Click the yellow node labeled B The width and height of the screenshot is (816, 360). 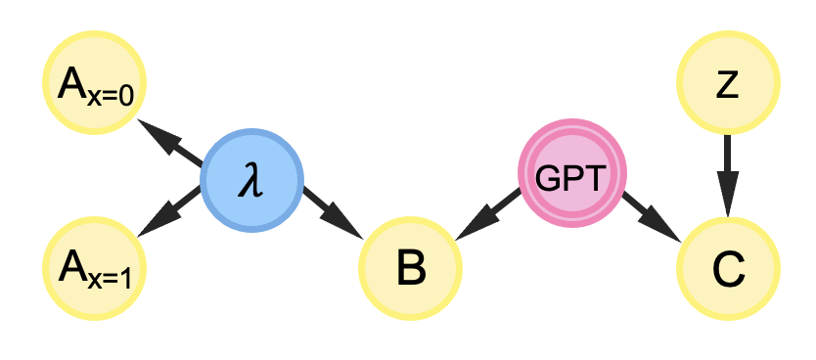click(410, 268)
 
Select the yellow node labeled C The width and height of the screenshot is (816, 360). click(728, 268)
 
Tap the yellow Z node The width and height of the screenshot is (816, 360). click(728, 85)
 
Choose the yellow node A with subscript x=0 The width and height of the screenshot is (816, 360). click(94, 85)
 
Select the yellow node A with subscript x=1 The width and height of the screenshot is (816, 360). click(94, 268)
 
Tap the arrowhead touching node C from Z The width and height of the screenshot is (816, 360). click(728, 195)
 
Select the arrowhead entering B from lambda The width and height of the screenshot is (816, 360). click(351, 226)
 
